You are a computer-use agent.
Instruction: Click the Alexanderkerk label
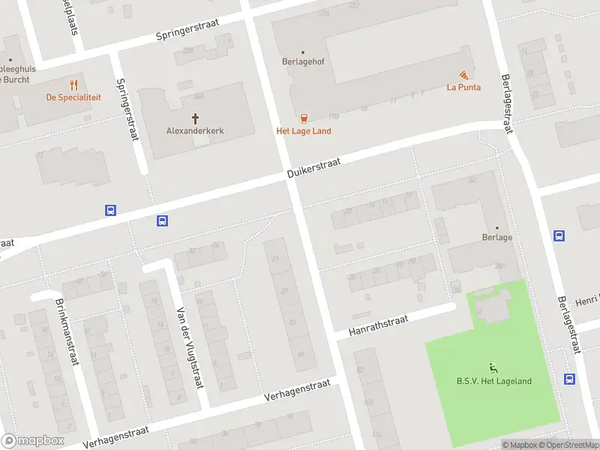tap(195, 130)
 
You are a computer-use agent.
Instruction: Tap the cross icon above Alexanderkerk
tap(196, 118)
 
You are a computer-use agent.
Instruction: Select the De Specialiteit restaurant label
tap(73, 97)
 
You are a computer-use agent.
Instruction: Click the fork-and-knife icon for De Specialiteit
tap(73, 85)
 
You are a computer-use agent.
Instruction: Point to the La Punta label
tap(463, 87)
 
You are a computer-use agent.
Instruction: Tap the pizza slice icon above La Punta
tap(464, 75)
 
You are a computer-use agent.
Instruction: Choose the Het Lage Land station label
tap(304, 131)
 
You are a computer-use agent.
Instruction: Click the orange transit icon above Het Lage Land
tap(304, 118)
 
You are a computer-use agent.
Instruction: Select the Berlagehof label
tap(302, 62)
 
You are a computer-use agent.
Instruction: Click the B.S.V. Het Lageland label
tap(493, 381)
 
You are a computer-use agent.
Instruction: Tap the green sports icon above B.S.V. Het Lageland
tap(493, 367)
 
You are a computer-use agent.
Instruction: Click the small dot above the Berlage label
tap(496, 227)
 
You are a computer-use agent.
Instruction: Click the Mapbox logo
tap(32, 441)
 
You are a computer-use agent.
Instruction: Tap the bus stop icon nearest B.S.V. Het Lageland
tap(570, 379)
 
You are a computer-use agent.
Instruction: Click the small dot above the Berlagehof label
tap(303, 52)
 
